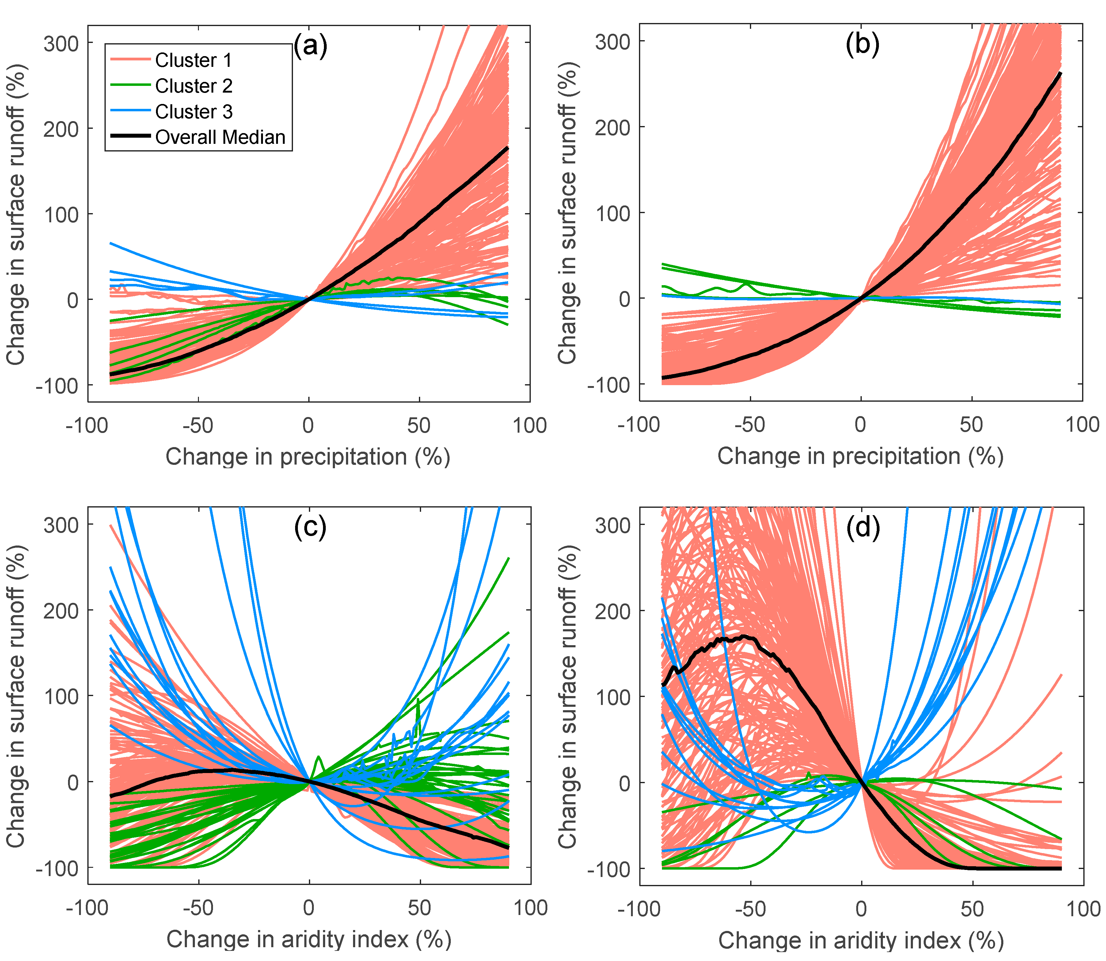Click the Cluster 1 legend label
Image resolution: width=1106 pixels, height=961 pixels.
[193, 61]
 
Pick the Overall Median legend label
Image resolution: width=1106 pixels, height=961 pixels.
[220, 138]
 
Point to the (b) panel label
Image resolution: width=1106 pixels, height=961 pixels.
[862, 45]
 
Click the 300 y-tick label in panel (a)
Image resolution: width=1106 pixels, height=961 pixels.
[61, 44]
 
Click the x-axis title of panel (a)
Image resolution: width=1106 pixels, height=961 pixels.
[308, 457]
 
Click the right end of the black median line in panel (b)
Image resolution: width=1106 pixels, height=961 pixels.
[1060, 74]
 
